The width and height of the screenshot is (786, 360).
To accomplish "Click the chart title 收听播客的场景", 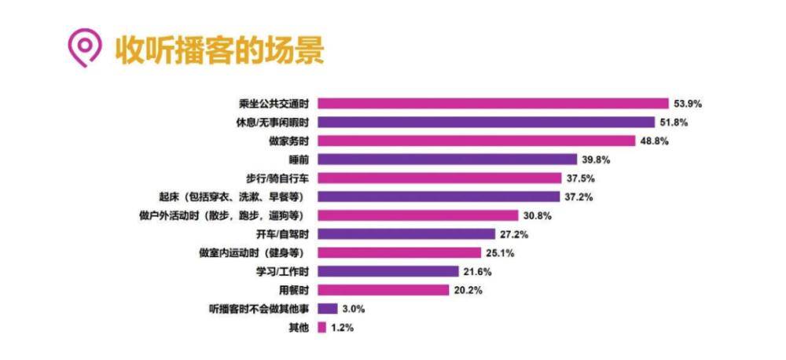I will pos(220,50).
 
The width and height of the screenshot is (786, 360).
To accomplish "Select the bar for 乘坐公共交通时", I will pos(493,103).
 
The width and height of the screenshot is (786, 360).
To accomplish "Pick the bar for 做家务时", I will pos(476,141).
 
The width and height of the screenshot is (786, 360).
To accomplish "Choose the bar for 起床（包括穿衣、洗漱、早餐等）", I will pos(439,197).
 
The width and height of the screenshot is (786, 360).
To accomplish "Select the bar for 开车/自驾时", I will pos(406,234).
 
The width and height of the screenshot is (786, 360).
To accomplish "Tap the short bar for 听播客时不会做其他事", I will pos(328,309).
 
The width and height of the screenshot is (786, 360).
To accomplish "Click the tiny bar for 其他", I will pos(321,328).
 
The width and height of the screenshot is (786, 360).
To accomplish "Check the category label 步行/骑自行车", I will pos(274,178).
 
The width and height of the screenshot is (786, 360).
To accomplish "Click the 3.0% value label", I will pos(354,309).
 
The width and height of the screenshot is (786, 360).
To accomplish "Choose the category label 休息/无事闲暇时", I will pos(265,122).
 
